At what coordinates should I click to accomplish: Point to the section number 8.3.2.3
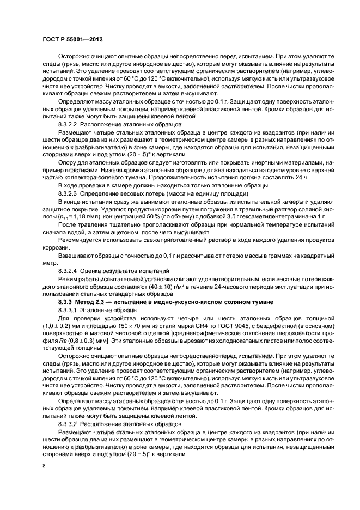coord(70,209)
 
